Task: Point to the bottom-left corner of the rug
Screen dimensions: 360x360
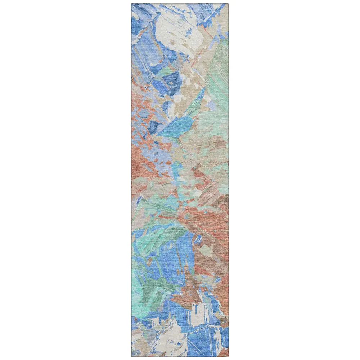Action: point(132,355)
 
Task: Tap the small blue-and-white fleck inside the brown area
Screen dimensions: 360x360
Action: point(198,239)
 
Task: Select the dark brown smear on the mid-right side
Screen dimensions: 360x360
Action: point(220,202)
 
